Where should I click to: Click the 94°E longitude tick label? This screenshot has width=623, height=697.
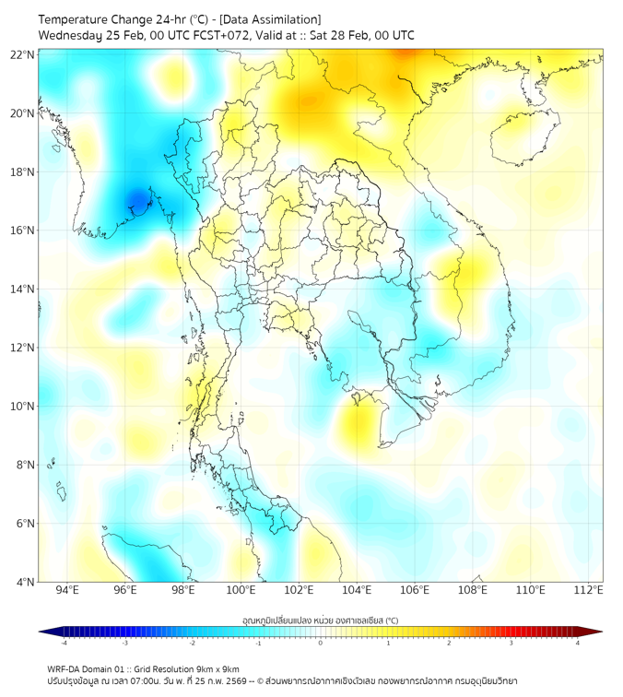67,590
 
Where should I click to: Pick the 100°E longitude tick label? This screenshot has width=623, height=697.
241,590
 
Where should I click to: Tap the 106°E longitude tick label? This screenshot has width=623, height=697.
415,590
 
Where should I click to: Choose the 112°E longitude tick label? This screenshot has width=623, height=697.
588,590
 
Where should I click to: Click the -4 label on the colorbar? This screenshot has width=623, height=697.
64,643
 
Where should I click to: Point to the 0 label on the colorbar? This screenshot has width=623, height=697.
321,643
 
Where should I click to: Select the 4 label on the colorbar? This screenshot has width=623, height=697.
578,643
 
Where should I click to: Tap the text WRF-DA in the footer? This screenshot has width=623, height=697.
65,668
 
